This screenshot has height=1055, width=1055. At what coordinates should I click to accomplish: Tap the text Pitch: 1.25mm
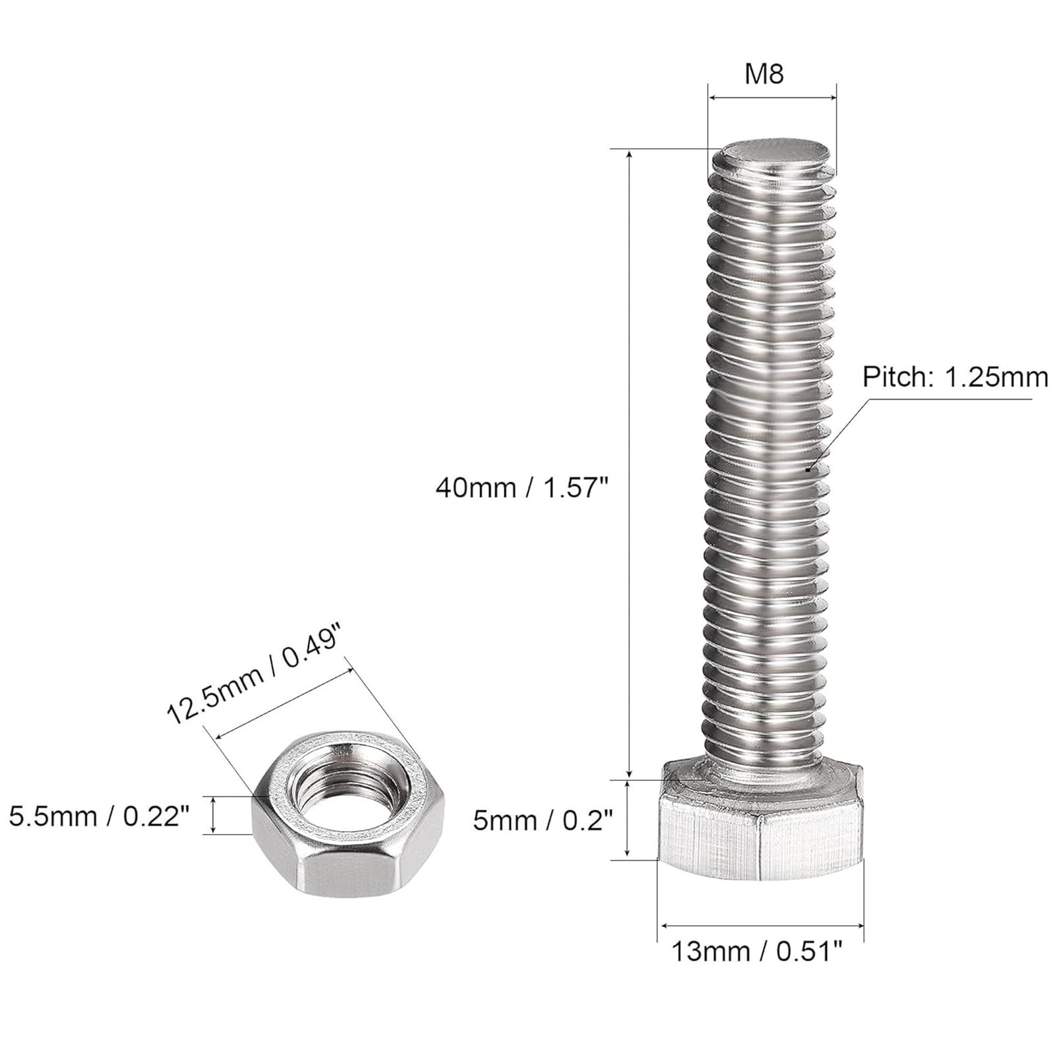click(955, 377)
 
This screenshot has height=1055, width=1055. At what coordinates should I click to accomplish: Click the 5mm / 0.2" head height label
click(543, 821)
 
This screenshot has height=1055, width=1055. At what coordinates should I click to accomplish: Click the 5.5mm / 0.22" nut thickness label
click(100, 817)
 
